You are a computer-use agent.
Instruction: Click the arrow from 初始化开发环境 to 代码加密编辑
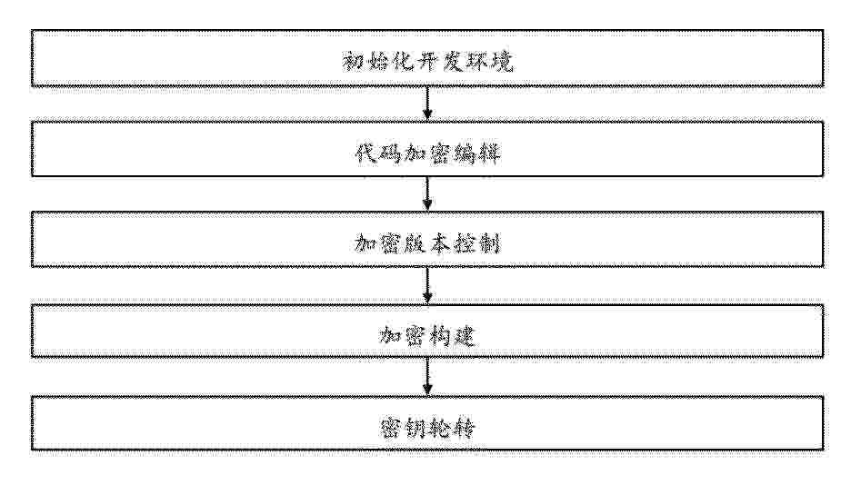tap(427, 104)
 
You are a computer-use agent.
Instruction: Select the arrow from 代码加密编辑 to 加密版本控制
tap(427, 193)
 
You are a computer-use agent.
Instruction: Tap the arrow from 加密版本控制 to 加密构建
tap(427, 285)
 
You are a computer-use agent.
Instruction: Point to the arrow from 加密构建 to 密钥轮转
tap(427, 376)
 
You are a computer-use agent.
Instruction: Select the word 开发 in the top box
tap(439, 61)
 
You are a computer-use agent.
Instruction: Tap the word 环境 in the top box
tap(489, 61)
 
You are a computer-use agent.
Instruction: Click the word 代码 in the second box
tap(378, 153)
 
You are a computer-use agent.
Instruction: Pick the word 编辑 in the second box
tap(476, 153)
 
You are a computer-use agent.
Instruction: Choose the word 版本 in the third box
tap(427, 243)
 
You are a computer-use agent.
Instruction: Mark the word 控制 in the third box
tap(476, 243)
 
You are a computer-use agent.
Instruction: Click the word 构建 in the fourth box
tap(452, 336)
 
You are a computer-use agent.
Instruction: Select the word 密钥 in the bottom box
tap(404, 428)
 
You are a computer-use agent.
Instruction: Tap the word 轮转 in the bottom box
tap(452, 428)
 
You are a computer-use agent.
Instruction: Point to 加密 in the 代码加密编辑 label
tap(427, 153)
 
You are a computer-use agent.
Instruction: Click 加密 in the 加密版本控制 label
tap(378, 243)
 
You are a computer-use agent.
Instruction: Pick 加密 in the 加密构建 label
tap(404, 336)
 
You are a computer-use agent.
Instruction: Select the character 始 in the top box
tap(377, 61)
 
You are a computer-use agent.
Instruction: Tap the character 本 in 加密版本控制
tap(440, 243)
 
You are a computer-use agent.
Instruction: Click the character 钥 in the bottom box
tap(415, 428)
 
